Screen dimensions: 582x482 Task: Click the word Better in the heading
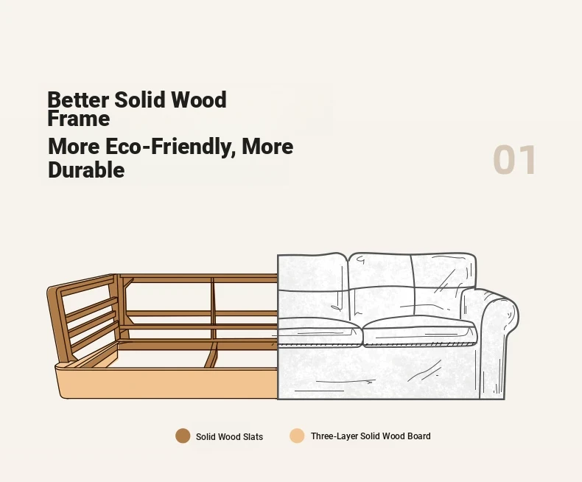point(78,100)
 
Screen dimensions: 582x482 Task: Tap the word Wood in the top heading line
point(199,100)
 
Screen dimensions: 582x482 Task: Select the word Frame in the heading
point(79,119)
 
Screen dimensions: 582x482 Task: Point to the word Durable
point(86,170)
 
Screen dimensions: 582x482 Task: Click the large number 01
point(514,160)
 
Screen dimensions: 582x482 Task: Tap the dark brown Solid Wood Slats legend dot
point(183,436)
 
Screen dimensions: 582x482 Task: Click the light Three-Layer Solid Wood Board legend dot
point(297,436)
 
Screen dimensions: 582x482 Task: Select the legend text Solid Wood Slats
point(229,437)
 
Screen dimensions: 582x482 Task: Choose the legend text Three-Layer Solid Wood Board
point(371,436)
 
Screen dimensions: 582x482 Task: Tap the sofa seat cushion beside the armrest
point(419,332)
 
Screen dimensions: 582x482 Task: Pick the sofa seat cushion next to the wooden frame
point(319,332)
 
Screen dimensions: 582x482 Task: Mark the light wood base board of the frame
point(167,383)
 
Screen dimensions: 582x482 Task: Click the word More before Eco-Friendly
point(74,147)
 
